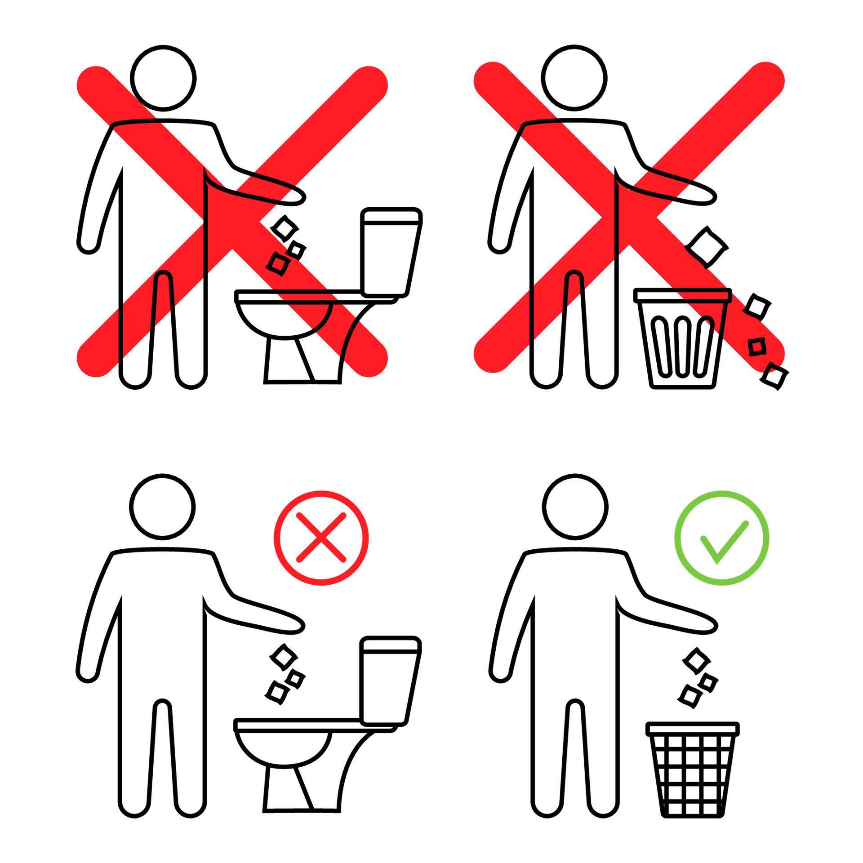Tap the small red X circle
[321, 538]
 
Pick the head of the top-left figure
[163, 77]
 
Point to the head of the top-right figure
[574, 77]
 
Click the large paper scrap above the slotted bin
[706, 246]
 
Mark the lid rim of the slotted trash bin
[682, 295]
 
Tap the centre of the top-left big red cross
[232, 220]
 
